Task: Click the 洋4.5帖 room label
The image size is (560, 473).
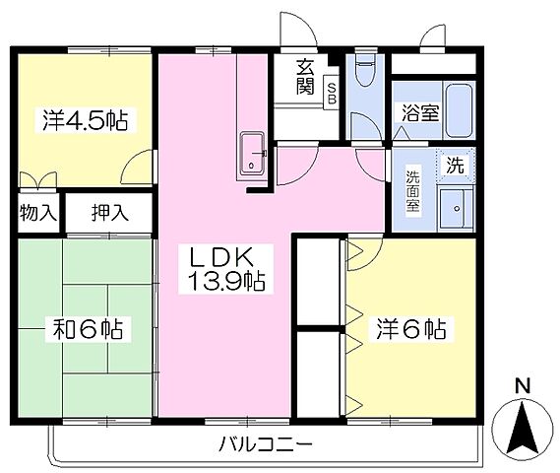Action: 85,121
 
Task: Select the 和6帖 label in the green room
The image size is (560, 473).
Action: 87,328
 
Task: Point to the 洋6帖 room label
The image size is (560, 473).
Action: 409,328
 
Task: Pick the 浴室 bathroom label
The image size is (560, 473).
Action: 419,112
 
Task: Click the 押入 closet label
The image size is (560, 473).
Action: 108,211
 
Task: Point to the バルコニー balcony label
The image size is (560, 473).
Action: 265,444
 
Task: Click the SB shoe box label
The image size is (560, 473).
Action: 332,94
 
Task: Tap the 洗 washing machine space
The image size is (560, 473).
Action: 454,165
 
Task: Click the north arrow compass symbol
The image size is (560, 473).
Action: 523,429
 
